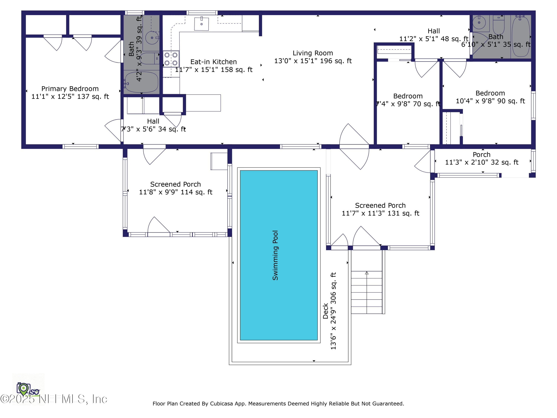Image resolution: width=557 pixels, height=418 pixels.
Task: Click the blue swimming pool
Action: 279,255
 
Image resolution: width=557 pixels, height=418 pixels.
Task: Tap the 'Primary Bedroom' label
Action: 70,89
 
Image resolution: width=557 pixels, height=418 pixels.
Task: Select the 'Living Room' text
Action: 313,53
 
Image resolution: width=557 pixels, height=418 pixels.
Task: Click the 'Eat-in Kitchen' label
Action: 214,62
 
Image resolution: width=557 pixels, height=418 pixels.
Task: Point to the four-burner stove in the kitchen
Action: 171,59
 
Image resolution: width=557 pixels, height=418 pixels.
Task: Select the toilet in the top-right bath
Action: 499,25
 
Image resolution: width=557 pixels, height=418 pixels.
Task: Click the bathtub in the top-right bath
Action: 521,36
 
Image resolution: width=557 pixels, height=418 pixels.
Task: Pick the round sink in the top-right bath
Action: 479,23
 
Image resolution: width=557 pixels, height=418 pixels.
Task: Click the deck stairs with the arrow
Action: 367,292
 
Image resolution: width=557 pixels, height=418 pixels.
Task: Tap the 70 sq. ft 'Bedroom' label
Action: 408,96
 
